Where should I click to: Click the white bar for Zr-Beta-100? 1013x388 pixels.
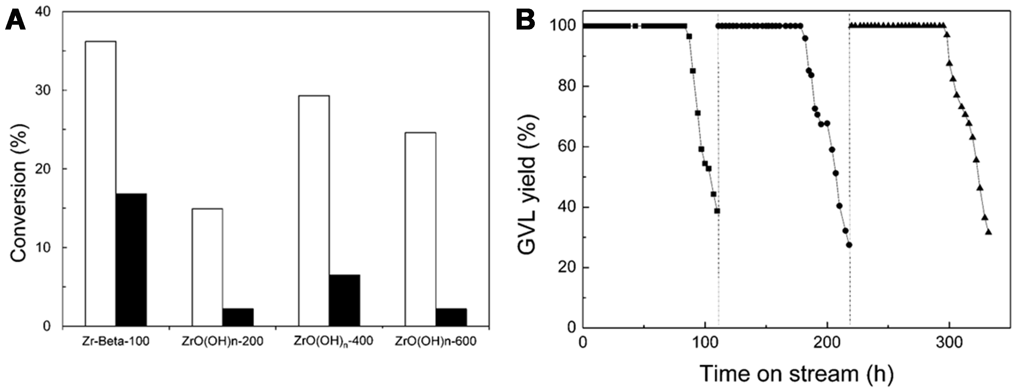[x=100, y=183]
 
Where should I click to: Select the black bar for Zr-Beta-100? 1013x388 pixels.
[x=131, y=260]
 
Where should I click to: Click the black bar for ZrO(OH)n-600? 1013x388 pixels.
[x=451, y=317]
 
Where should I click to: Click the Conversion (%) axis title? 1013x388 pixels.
[x=19, y=193]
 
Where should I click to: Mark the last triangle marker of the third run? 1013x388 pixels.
[x=988, y=232]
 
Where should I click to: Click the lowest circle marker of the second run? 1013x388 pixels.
[x=849, y=245]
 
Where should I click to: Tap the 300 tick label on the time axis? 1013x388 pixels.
[x=949, y=342]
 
